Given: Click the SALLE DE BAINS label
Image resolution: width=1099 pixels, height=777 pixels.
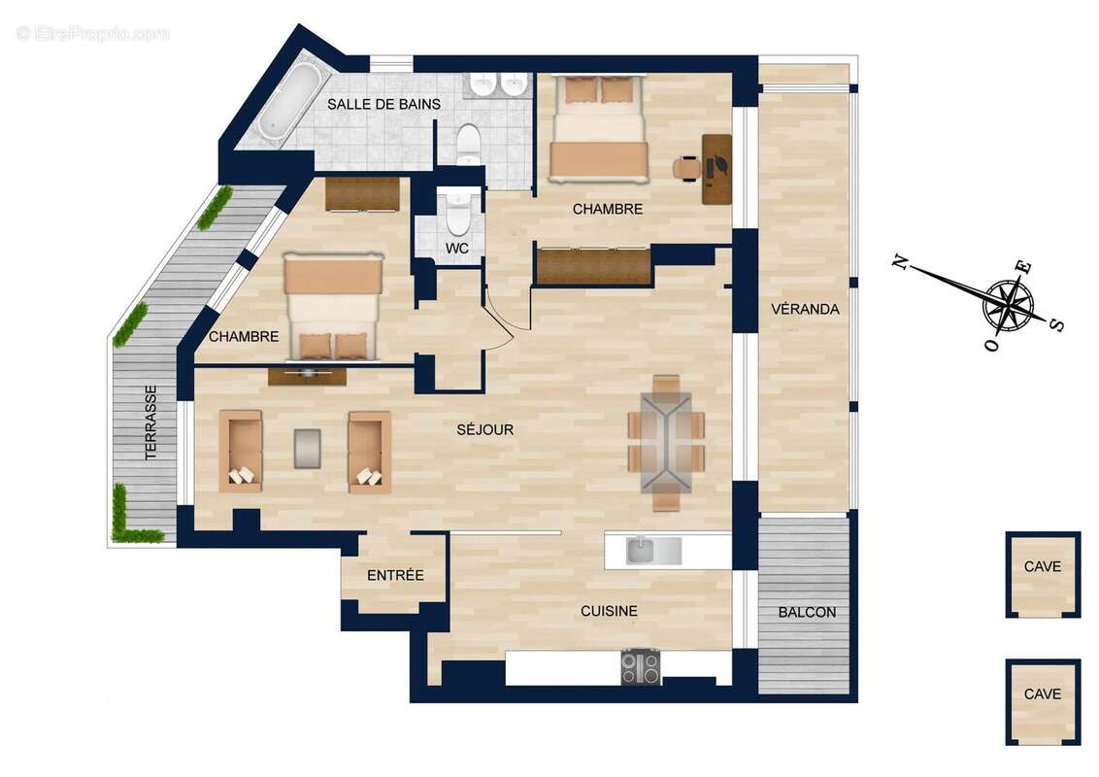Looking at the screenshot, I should point(383,104).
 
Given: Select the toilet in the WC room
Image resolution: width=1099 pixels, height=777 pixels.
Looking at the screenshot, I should point(457,212).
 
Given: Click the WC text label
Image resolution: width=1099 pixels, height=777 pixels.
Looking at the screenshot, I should point(457,249).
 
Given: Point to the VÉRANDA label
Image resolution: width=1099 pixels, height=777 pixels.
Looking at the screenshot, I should point(805,310).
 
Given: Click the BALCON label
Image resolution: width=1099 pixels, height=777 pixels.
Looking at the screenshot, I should point(807,613).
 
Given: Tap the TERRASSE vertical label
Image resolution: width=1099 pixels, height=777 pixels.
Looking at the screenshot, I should point(150,422).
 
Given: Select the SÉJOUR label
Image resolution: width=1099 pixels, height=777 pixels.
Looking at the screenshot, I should point(485,429).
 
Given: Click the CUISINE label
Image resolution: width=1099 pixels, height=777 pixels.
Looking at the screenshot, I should point(609,611).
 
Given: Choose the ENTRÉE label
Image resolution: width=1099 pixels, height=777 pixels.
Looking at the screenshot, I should point(395,575).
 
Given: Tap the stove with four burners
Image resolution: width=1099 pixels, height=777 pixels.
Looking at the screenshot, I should point(640,667).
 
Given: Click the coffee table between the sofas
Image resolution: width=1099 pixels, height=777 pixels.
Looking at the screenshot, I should point(308,449).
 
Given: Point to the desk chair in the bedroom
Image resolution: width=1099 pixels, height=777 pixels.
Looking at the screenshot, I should point(687,168).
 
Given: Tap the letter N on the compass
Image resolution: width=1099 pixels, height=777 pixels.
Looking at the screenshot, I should point(900,261).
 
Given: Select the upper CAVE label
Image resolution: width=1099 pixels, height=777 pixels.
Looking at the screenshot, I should point(1043,566).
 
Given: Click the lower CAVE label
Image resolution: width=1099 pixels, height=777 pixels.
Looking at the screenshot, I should point(1043,694).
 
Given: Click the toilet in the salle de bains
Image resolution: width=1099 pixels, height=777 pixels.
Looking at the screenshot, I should point(468,143).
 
